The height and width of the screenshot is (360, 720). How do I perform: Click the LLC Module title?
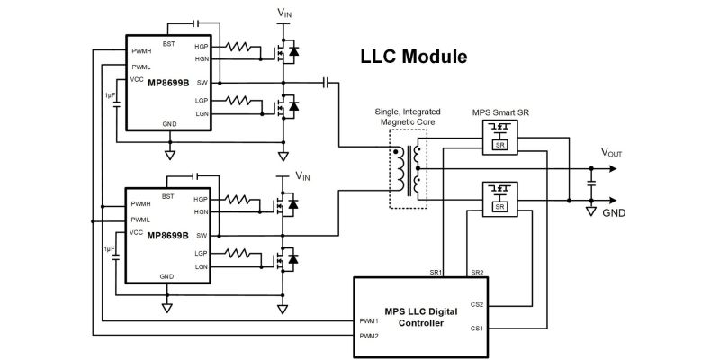(414, 57)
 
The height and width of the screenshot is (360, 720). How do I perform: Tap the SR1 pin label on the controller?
(436, 273)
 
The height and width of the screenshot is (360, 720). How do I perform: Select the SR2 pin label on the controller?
(478, 273)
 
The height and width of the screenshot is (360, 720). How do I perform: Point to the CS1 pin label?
(477, 328)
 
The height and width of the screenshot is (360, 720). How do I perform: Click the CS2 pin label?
(477, 304)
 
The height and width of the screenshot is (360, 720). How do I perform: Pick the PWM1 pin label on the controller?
(369, 321)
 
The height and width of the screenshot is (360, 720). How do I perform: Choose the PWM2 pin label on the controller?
(369, 336)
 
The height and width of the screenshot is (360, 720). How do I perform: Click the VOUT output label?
(612, 153)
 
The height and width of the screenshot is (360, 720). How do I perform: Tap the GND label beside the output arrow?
(614, 213)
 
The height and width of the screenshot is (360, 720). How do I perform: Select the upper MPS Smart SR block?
(500, 138)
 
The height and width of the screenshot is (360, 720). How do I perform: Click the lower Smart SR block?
(500, 199)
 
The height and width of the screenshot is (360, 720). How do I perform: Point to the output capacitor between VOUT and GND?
(591, 184)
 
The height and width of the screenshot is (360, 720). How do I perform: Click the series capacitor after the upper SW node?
(326, 83)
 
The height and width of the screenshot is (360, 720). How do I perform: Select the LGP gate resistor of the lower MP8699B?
(238, 253)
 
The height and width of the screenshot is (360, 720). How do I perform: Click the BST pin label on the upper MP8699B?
(168, 44)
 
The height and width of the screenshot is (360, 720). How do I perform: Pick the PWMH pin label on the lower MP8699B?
(140, 203)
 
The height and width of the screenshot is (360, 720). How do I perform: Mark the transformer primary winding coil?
(400, 170)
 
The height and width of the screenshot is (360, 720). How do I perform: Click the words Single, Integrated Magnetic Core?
(408, 117)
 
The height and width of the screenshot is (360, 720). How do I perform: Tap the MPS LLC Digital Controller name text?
(421, 318)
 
